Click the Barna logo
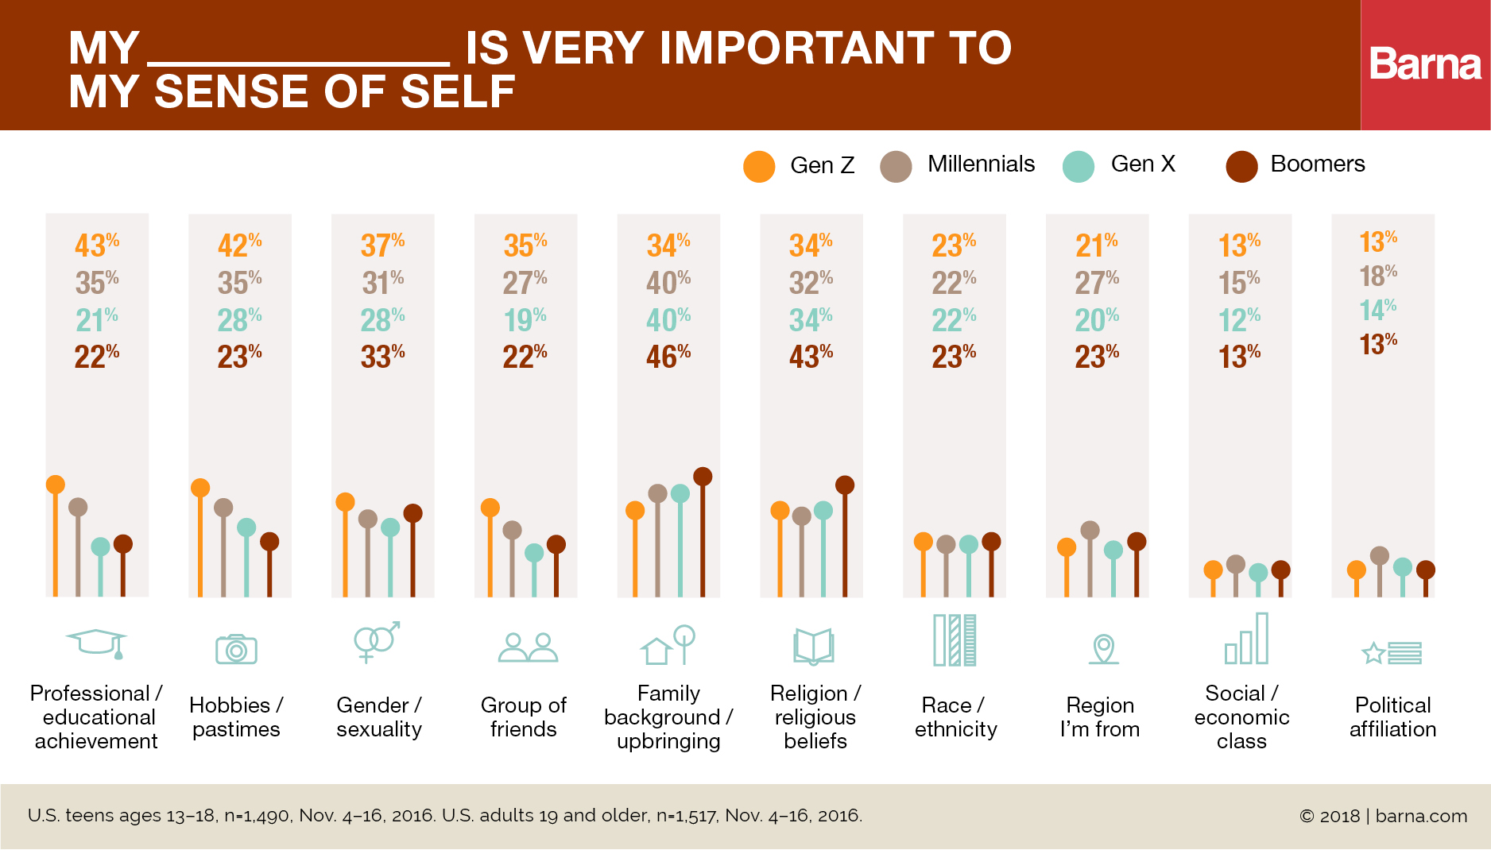[x=1425, y=64]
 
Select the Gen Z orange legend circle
[x=759, y=167]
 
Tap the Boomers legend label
[x=1317, y=164]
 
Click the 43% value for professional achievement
[x=96, y=245]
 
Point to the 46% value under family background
[x=668, y=356]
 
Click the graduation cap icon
[x=97, y=643]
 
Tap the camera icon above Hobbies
[x=236, y=648]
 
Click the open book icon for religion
[x=813, y=646]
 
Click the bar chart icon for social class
[x=1246, y=639]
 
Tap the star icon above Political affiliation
[x=1373, y=653]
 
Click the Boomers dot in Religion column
[x=845, y=485]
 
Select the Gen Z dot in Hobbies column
[x=200, y=488]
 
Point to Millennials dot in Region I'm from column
[x=1090, y=530]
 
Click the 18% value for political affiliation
[x=1377, y=276]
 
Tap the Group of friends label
[x=523, y=717]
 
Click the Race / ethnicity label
[x=955, y=717]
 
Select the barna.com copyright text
[x=1383, y=816]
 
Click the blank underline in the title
[x=299, y=62]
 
